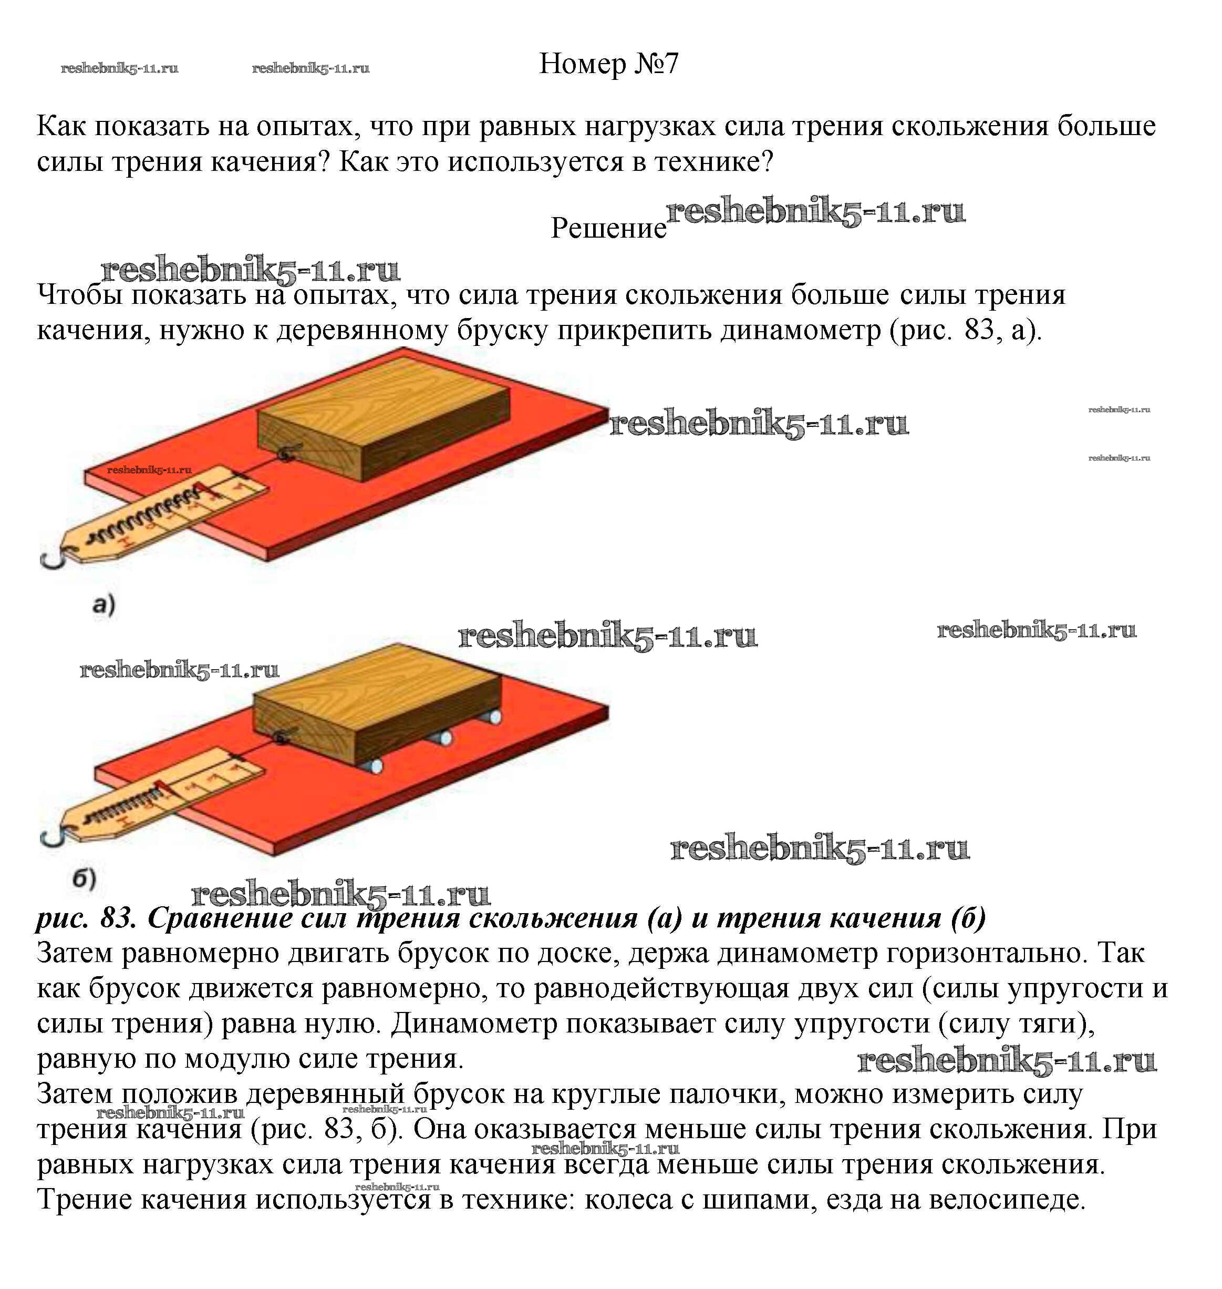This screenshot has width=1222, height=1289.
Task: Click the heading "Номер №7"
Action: pyautogui.click(x=608, y=64)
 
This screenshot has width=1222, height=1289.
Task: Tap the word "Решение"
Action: pyautogui.click(x=608, y=228)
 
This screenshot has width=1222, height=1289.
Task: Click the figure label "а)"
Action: pyautogui.click(x=103, y=604)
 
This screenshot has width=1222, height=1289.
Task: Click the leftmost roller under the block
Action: pyautogui.click(x=375, y=766)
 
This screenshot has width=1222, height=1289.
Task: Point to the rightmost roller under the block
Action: pyautogui.click(x=494, y=717)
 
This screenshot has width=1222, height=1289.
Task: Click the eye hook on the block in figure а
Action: pyautogui.click(x=287, y=454)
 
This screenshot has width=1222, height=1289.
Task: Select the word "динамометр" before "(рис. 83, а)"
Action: pyautogui.click(x=801, y=330)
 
